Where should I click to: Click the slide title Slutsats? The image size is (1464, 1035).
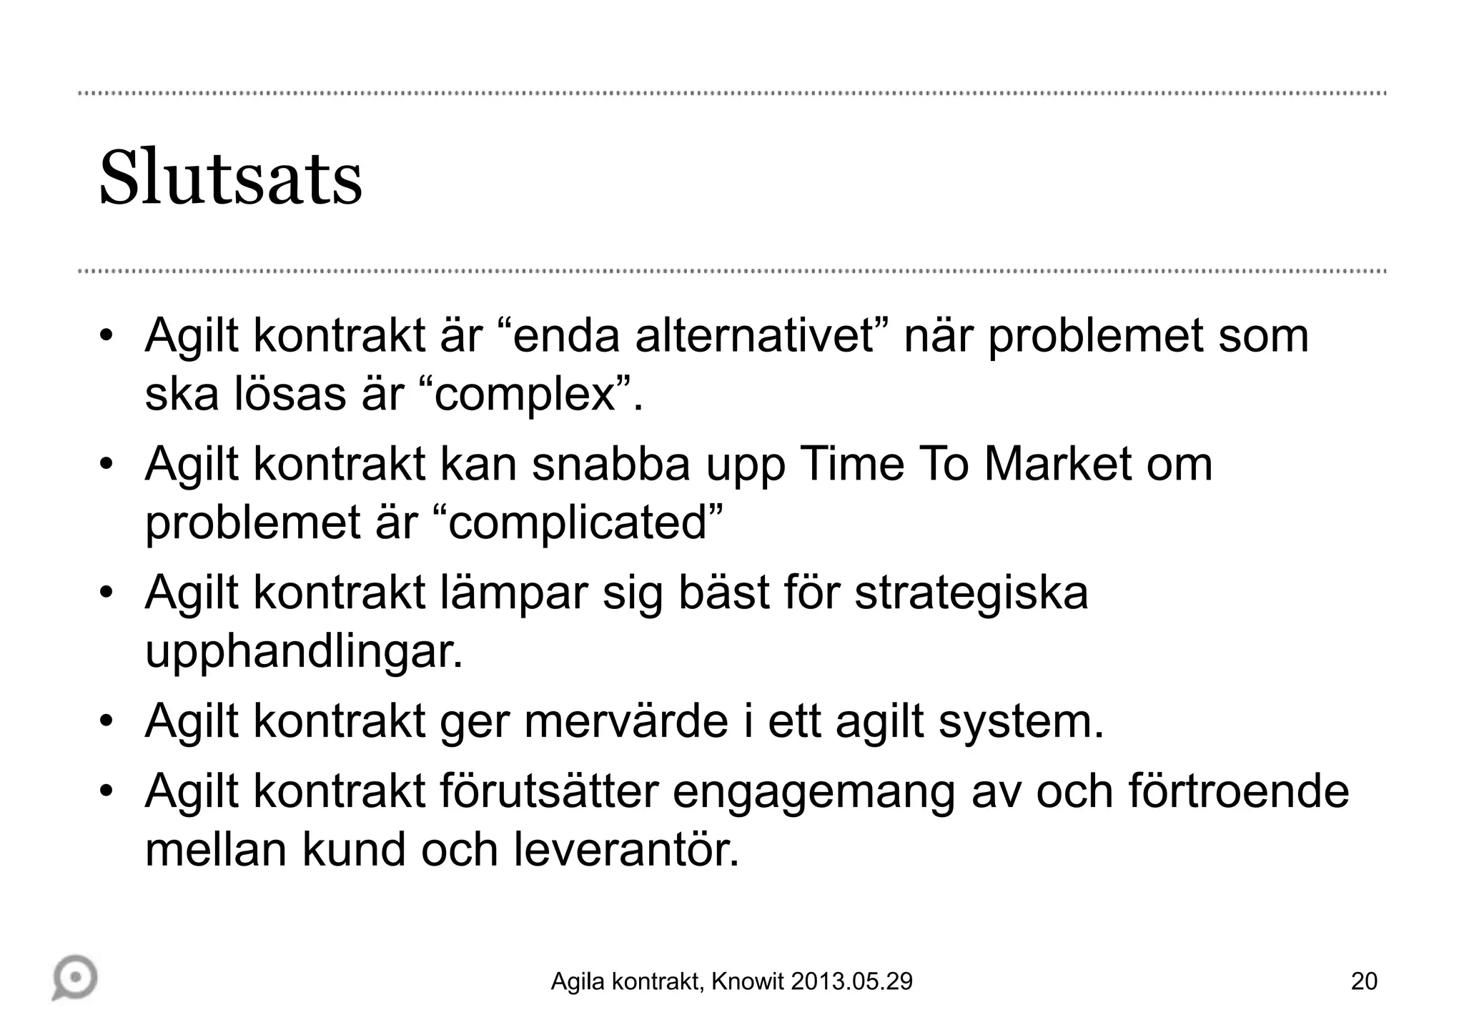230,179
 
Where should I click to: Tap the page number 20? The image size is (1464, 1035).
1364,981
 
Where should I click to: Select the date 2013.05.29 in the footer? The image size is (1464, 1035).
851,982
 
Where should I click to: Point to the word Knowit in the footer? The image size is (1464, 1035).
748,982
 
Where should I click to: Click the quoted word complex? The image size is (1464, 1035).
525,394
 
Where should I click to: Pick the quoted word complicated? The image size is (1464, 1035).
578,523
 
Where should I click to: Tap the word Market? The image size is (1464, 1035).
1059,464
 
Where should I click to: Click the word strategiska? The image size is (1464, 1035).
971,593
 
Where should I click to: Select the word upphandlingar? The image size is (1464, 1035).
303,651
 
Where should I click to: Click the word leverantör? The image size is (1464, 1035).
625,849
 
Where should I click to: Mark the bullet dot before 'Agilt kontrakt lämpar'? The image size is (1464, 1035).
107,593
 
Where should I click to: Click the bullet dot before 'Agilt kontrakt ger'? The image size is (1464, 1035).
107,721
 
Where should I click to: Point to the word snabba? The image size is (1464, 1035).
610,464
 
